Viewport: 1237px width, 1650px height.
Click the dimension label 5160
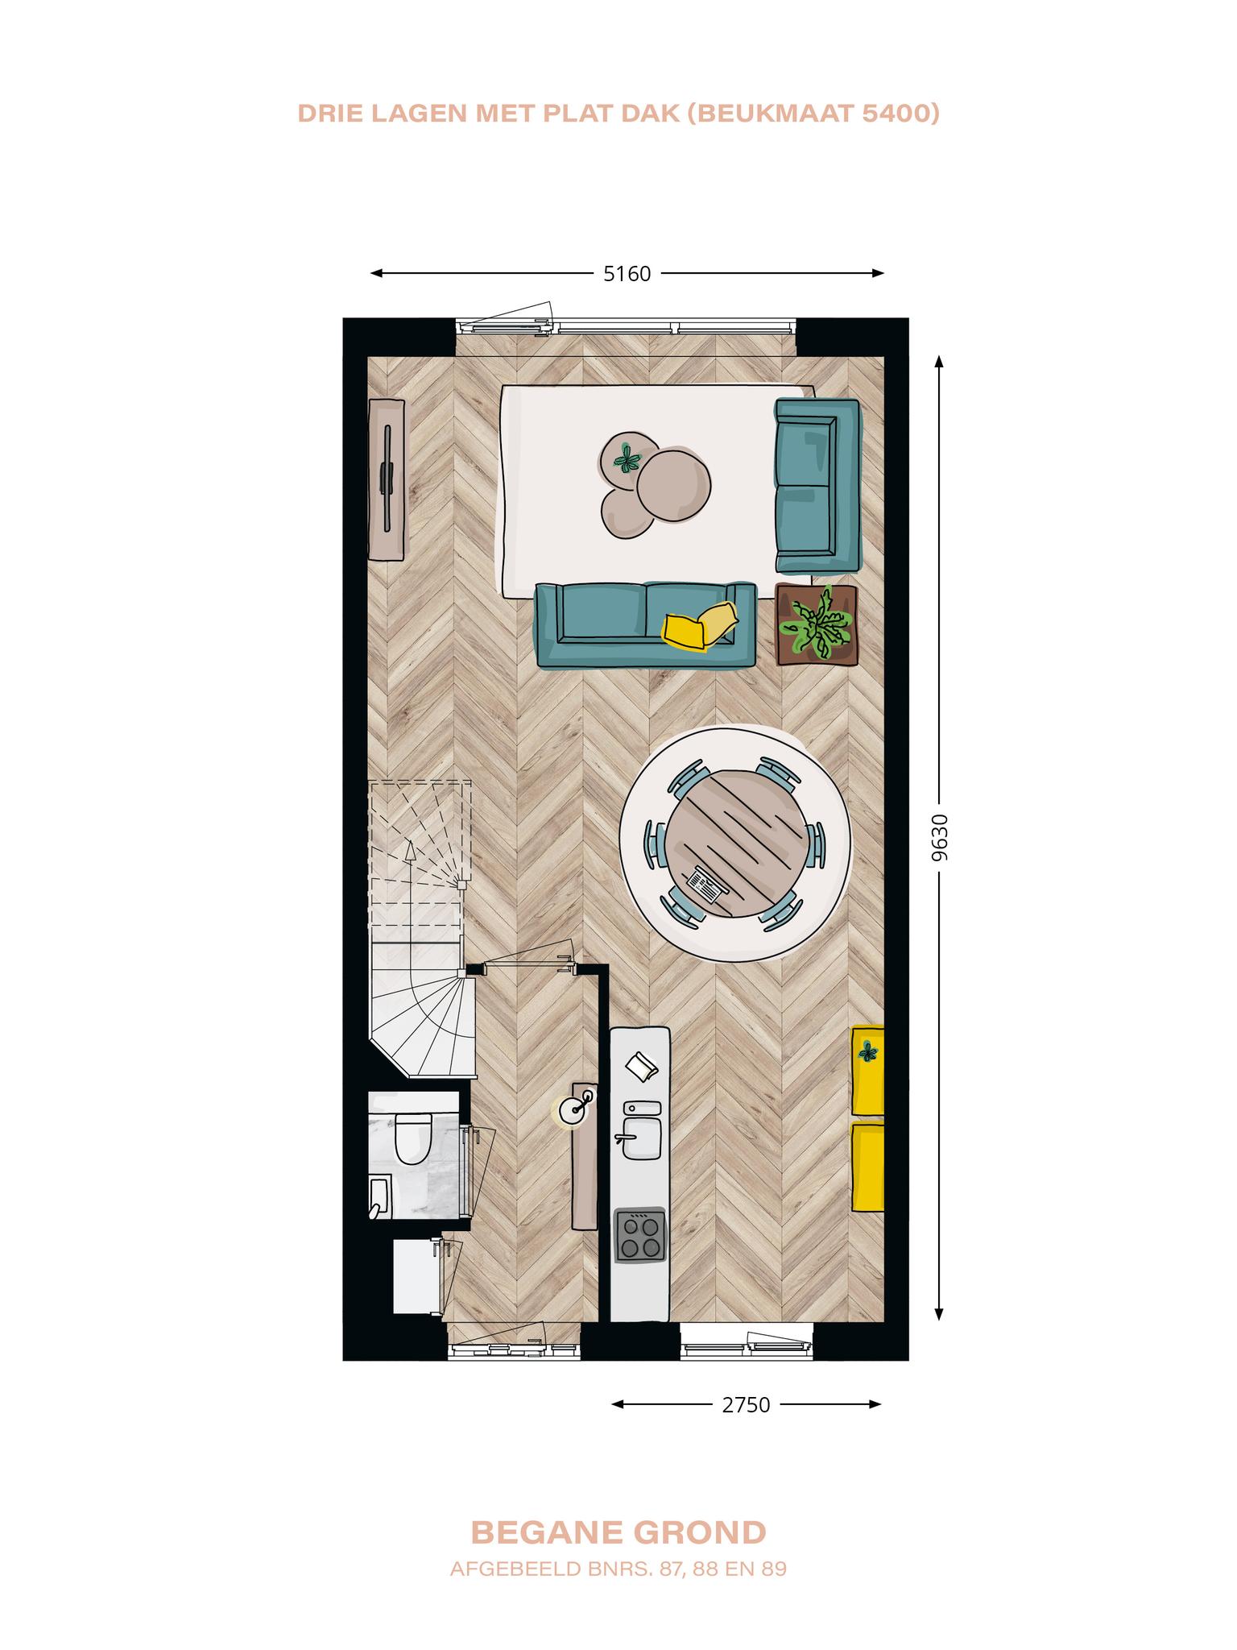point(627,274)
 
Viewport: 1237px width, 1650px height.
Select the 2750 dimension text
point(746,1405)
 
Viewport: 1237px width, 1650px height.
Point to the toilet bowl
point(412,1139)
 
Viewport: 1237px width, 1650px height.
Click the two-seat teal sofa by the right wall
point(817,486)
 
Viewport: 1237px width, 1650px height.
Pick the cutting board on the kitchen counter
point(642,1068)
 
